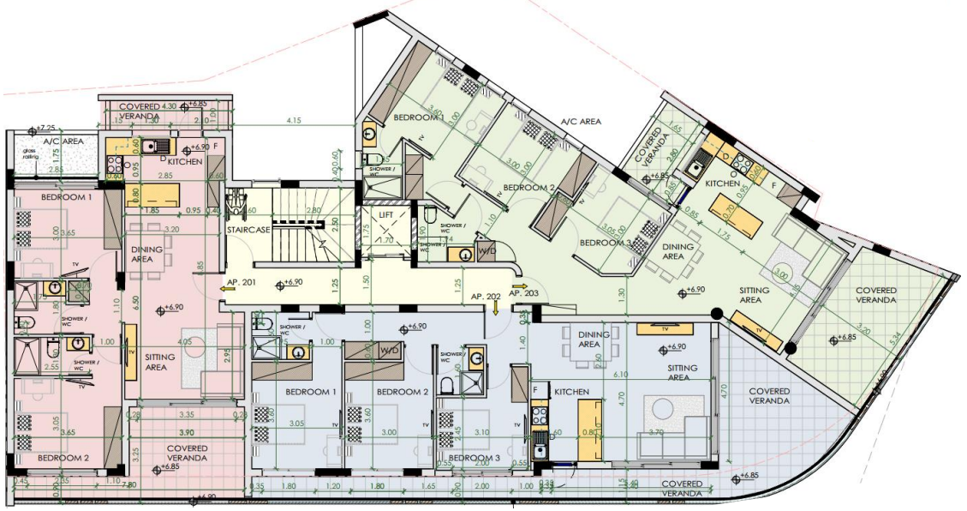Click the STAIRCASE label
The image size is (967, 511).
tap(249, 231)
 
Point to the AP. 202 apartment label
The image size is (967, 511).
tap(486, 297)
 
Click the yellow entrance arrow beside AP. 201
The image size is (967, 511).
tap(225, 290)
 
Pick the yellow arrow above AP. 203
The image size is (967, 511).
tap(519, 286)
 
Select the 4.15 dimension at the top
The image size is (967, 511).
tap(295, 119)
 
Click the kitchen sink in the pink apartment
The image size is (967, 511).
tap(151, 146)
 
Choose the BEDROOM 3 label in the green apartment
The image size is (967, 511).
tap(606, 243)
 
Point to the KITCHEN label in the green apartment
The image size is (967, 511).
tap(722, 183)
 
